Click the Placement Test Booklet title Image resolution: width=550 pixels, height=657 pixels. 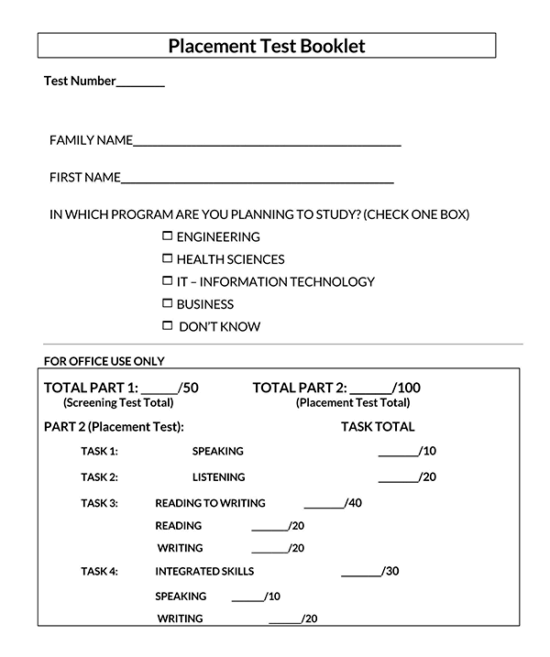point(266,46)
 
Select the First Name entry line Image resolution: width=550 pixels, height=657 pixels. point(257,180)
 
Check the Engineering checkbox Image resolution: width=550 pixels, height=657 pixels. point(167,237)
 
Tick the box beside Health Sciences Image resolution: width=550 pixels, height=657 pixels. point(167,259)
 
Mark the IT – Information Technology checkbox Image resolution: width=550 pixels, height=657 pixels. point(167,281)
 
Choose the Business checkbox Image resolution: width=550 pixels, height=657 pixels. point(167,303)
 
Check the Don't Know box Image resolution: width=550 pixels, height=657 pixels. point(167,326)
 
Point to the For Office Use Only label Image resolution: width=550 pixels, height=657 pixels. point(104,361)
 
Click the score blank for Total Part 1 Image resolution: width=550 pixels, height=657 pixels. point(159,389)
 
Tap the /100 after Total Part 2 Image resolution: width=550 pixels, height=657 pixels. point(406,388)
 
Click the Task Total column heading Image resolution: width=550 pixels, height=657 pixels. point(377,427)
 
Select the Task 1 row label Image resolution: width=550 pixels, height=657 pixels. point(99,451)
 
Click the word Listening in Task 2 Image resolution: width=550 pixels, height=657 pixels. point(218,477)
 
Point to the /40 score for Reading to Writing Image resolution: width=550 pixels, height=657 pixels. point(353,503)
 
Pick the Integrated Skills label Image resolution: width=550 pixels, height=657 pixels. point(204,572)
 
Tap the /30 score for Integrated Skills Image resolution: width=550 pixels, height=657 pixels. point(390,572)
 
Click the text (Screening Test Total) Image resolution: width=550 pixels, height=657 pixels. point(118,403)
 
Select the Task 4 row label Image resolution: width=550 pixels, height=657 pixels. point(99,572)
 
